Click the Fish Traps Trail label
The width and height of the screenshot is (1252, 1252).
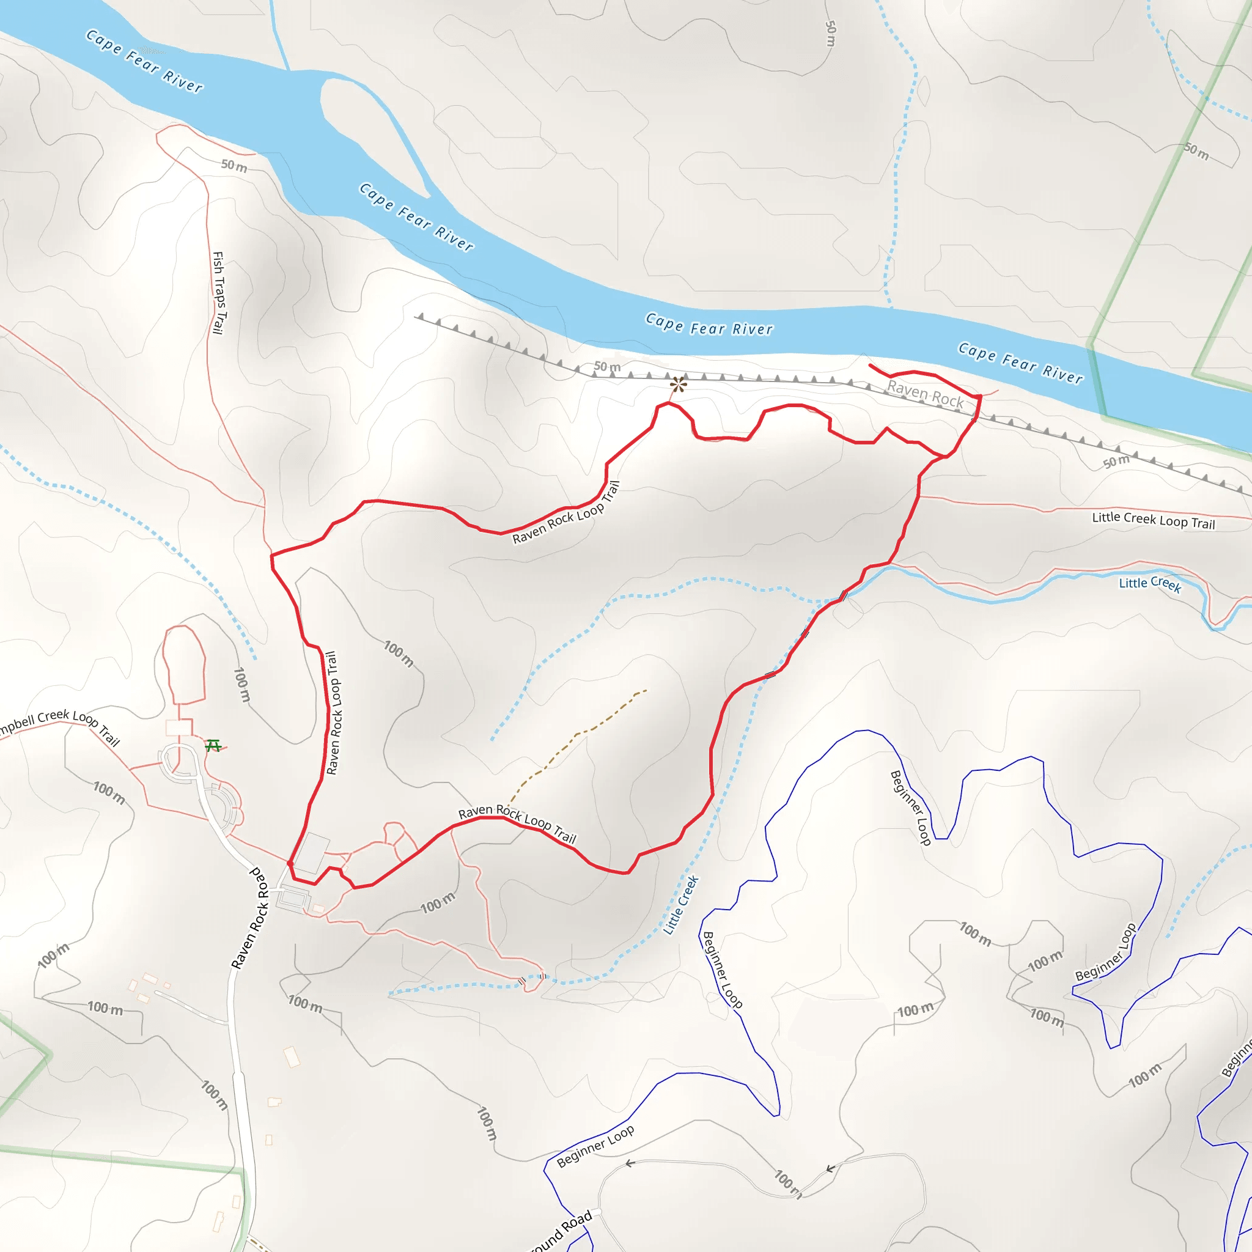coord(219,293)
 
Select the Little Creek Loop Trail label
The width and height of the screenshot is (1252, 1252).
coord(1153,520)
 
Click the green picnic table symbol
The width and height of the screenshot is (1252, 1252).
coord(213,746)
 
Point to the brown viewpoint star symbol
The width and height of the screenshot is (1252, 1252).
coord(678,385)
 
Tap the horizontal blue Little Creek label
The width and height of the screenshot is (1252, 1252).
coord(1150,584)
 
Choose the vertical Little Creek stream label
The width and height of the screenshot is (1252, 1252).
coord(680,905)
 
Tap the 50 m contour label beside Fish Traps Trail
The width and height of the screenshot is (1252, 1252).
coord(234,166)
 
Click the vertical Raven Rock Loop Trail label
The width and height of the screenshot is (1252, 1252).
coord(333,713)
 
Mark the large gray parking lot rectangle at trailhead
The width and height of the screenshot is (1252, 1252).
coord(312,853)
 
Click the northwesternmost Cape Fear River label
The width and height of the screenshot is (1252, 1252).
coord(144,62)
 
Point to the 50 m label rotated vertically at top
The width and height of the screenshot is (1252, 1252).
coord(831,33)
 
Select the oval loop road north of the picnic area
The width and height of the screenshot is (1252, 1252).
coord(184,665)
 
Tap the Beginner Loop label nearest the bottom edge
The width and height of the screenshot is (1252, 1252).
coord(595,1146)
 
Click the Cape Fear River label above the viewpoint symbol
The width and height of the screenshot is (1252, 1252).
coord(709,324)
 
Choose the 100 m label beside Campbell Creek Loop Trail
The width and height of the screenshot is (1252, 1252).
coord(109,792)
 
